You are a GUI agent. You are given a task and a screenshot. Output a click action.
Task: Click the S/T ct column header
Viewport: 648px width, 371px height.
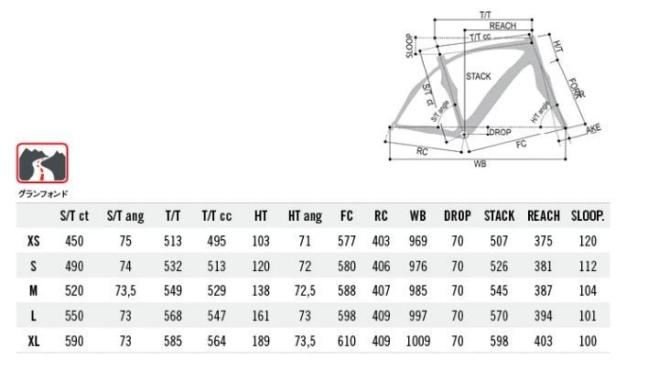pyautogui.click(x=75, y=216)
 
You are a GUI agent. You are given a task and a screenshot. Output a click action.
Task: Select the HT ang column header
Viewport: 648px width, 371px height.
pyautogui.click(x=305, y=216)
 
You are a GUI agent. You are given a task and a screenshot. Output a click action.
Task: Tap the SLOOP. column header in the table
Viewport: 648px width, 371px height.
pyautogui.click(x=589, y=216)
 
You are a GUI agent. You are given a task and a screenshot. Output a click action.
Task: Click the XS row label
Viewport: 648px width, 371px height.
pyautogui.click(x=34, y=241)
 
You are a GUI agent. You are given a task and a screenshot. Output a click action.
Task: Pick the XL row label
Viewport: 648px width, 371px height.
pyautogui.click(x=34, y=340)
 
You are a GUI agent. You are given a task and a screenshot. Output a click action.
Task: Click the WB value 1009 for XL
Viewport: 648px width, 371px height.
pyautogui.click(x=417, y=340)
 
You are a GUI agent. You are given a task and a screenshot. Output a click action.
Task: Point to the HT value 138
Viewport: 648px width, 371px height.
pyautogui.click(x=260, y=290)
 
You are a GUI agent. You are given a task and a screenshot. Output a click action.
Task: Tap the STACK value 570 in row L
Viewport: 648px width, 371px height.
pyautogui.click(x=498, y=315)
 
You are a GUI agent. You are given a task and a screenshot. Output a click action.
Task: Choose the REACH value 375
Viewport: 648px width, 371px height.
pyautogui.click(x=543, y=241)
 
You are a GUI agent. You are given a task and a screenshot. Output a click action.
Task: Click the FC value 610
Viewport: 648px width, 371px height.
pyautogui.click(x=347, y=340)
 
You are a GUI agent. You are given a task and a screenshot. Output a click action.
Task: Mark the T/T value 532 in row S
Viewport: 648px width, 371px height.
pyautogui.click(x=172, y=266)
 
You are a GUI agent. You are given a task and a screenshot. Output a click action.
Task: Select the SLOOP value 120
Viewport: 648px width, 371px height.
pyautogui.click(x=589, y=241)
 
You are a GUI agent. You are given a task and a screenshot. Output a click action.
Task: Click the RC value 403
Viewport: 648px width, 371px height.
pyautogui.click(x=381, y=241)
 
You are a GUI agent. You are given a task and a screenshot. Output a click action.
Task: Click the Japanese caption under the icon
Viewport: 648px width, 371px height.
pyautogui.click(x=42, y=193)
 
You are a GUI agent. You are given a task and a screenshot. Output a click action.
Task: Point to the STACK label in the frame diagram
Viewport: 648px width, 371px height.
pyautogui.click(x=478, y=77)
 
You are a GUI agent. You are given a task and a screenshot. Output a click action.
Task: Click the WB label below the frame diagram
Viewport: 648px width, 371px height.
pyautogui.click(x=480, y=164)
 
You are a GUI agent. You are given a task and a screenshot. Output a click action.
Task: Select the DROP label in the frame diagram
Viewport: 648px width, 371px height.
pyautogui.click(x=500, y=133)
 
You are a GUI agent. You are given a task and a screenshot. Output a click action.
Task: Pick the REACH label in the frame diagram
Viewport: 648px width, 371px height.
pyautogui.click(x=502, y=26)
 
